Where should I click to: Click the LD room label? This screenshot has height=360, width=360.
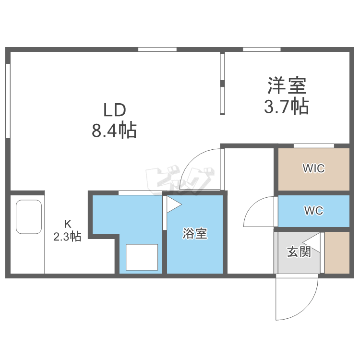click(115, 109)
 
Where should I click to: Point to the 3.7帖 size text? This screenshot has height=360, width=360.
click(286, 106)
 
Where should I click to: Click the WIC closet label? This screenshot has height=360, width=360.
click(313, 168)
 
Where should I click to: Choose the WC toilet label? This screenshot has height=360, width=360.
click(313, 211)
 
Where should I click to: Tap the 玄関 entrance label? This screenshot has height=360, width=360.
click(299, 252)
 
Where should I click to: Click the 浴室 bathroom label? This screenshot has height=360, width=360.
click(195, 234)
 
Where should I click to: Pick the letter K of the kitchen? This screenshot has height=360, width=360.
click(68, 223)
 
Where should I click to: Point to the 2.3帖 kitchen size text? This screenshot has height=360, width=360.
click(67, 236)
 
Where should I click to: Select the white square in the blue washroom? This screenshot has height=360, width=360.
click(142, 257)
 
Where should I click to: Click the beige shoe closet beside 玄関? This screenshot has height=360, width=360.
click(337, 252)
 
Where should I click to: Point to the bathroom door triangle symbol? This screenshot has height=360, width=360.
click(173, 205)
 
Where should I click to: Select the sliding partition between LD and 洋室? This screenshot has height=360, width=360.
click(223, 84)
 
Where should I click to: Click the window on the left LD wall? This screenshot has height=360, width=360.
click(8, 101)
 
